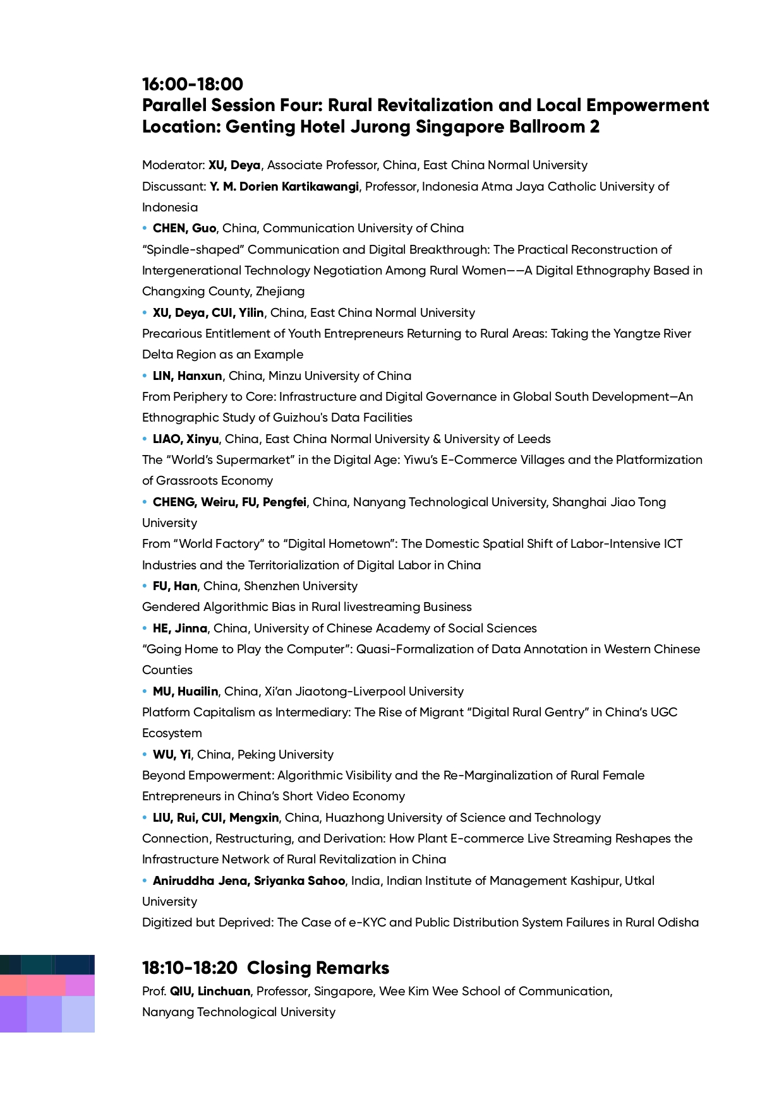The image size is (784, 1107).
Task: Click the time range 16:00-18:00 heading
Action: tap(192, 84)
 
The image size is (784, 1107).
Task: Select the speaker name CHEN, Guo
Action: tap(184, 228)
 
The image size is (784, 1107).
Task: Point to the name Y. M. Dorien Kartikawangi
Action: tap(284, 187)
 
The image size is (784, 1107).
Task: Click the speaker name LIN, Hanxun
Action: tap(187, 376)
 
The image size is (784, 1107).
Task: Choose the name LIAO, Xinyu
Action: tap(185, 439)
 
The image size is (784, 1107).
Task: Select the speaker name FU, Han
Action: tap(174, 586)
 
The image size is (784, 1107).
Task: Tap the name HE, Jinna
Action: tap(179, 629)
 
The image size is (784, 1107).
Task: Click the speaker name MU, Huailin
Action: tap(185, 692)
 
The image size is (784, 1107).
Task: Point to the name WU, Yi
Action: tap(171, 755)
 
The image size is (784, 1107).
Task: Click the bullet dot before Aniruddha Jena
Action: tap(145, 881)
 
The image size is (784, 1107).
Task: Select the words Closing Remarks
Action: tap(318, 968)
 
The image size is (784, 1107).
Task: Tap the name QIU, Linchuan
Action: tap(210, 992)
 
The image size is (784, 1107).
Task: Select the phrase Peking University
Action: tap(285, 755)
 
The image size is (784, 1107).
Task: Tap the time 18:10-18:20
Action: tap(190, 968)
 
